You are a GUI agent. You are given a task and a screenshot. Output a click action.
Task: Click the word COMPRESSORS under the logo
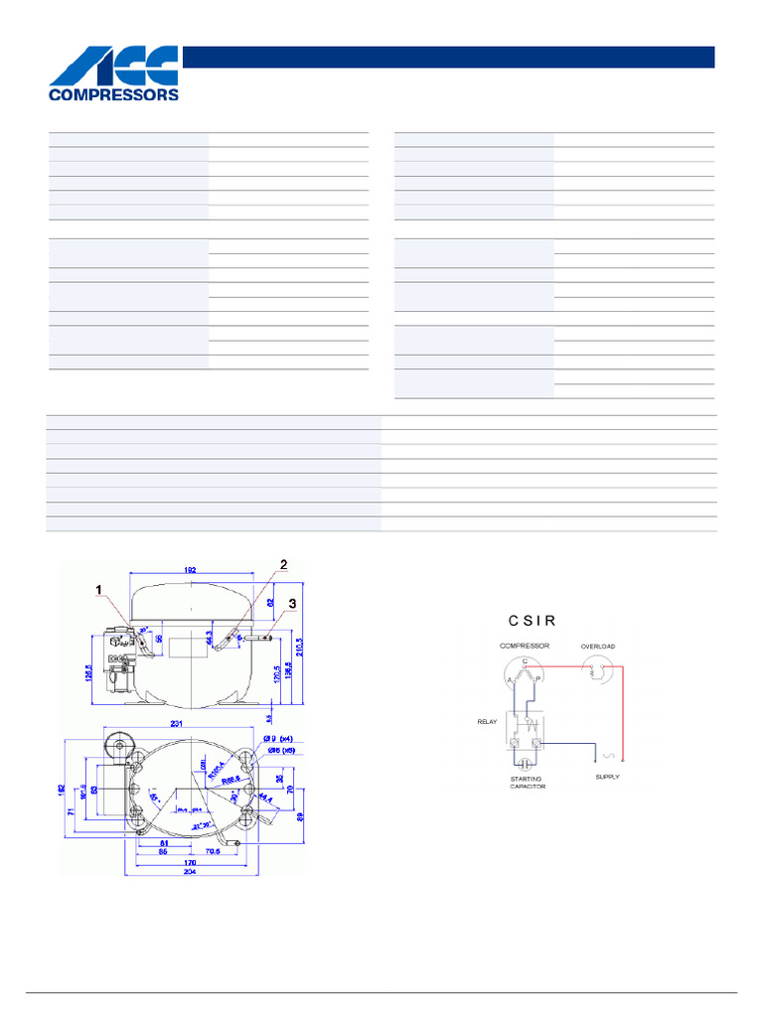[x=114, y=96]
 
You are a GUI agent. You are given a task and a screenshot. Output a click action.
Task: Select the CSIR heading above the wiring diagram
[x=532, y=621]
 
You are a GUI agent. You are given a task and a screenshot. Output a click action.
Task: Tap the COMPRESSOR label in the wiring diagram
[x=525, y=646]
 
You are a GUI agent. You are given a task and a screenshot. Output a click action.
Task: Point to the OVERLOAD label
[x=598, y=647]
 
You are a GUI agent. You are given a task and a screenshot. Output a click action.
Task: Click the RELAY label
[x=486, y=722]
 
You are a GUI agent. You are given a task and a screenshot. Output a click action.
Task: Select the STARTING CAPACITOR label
[x=526, y=782]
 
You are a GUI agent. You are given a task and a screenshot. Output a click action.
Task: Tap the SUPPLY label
[x=607, y=777]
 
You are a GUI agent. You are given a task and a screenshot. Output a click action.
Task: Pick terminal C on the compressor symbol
[x=525, y=660]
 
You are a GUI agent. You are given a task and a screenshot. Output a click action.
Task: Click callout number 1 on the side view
[x=98, y=589]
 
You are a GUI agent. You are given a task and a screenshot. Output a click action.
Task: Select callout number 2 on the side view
[x=283, y=564]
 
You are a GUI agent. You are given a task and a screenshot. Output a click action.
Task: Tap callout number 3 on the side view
[x=293, y=603]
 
